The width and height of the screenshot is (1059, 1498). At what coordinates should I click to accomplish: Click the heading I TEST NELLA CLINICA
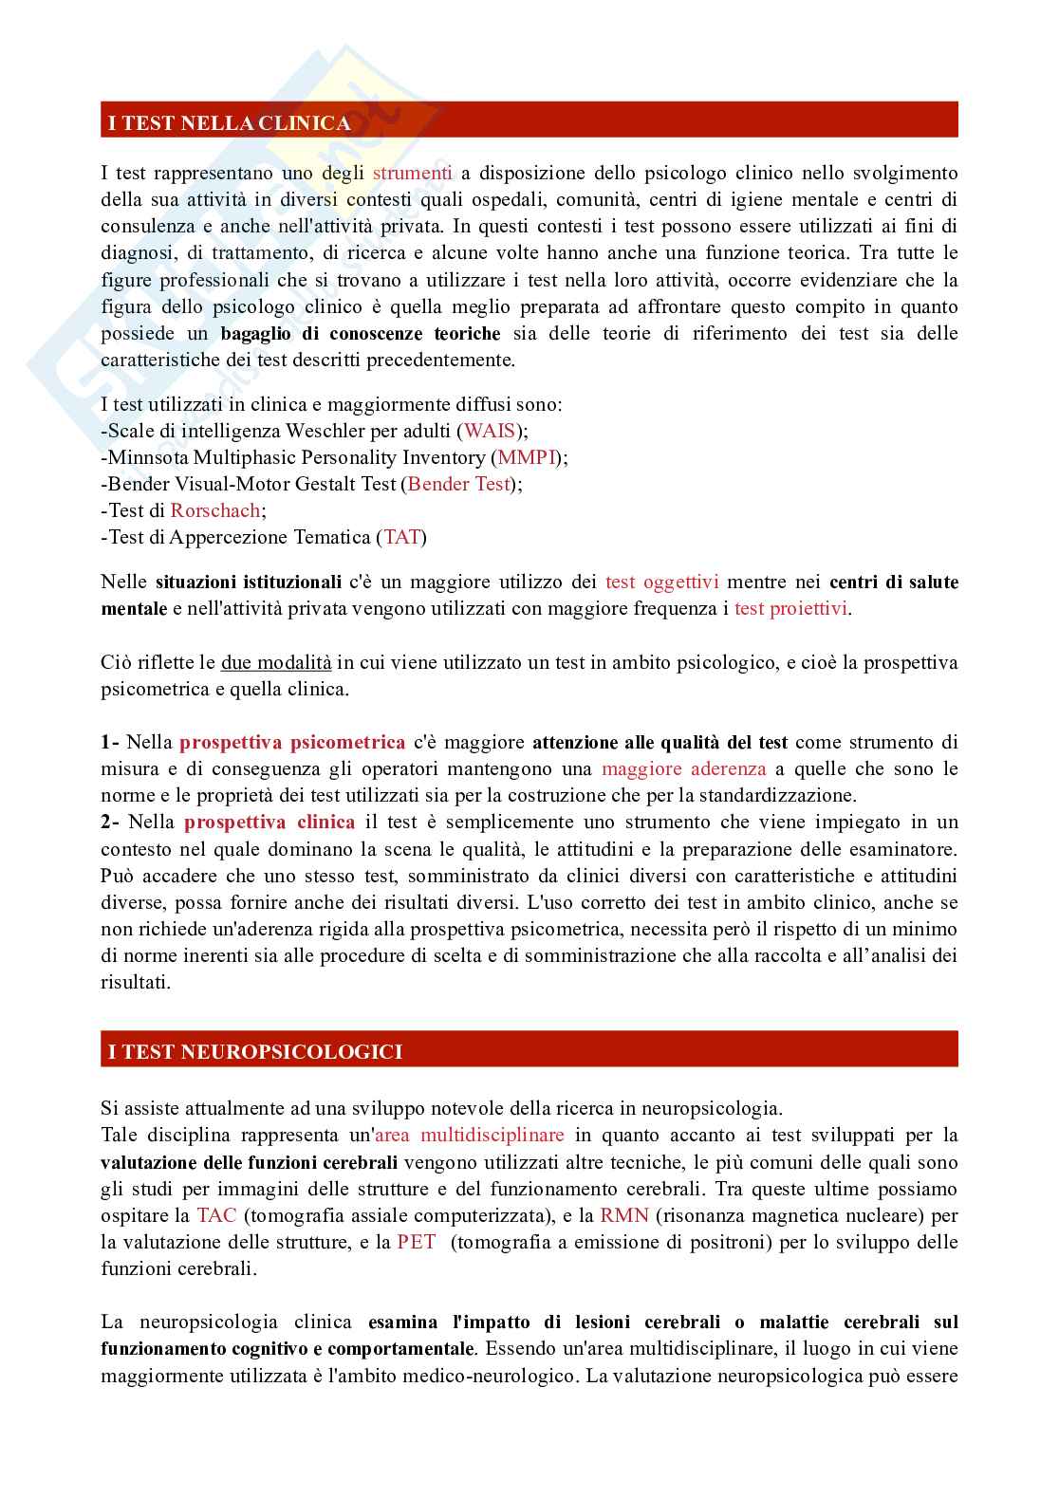(229, 122)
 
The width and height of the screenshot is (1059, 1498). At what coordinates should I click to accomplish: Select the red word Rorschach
(215, 510)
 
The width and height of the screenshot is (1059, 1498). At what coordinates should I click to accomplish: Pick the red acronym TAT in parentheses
(401, 537)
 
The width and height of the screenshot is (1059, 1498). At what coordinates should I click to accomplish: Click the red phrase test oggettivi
(661, 582)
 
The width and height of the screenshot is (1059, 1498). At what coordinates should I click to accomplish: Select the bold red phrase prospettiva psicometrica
(292, 742)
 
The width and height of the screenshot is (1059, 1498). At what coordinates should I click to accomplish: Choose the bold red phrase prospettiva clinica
(269, 822)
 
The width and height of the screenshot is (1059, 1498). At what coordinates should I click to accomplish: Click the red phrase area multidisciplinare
(469, 1135)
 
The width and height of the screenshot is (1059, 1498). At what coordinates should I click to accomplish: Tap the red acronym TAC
(212, 1214)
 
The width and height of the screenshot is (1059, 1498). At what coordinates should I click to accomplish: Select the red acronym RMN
(624, 1214)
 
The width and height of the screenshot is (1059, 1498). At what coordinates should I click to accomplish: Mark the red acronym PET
(417, 1241)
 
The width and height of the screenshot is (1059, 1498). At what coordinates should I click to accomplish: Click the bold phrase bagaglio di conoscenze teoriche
(361, 333)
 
